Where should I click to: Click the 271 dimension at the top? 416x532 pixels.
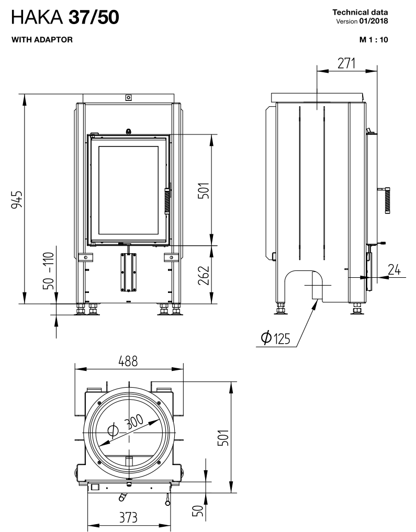345,63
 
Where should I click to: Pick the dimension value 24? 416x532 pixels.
395,269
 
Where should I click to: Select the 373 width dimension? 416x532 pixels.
128,518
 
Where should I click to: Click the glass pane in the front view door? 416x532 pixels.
128,189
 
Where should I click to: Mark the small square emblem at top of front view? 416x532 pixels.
128,97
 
